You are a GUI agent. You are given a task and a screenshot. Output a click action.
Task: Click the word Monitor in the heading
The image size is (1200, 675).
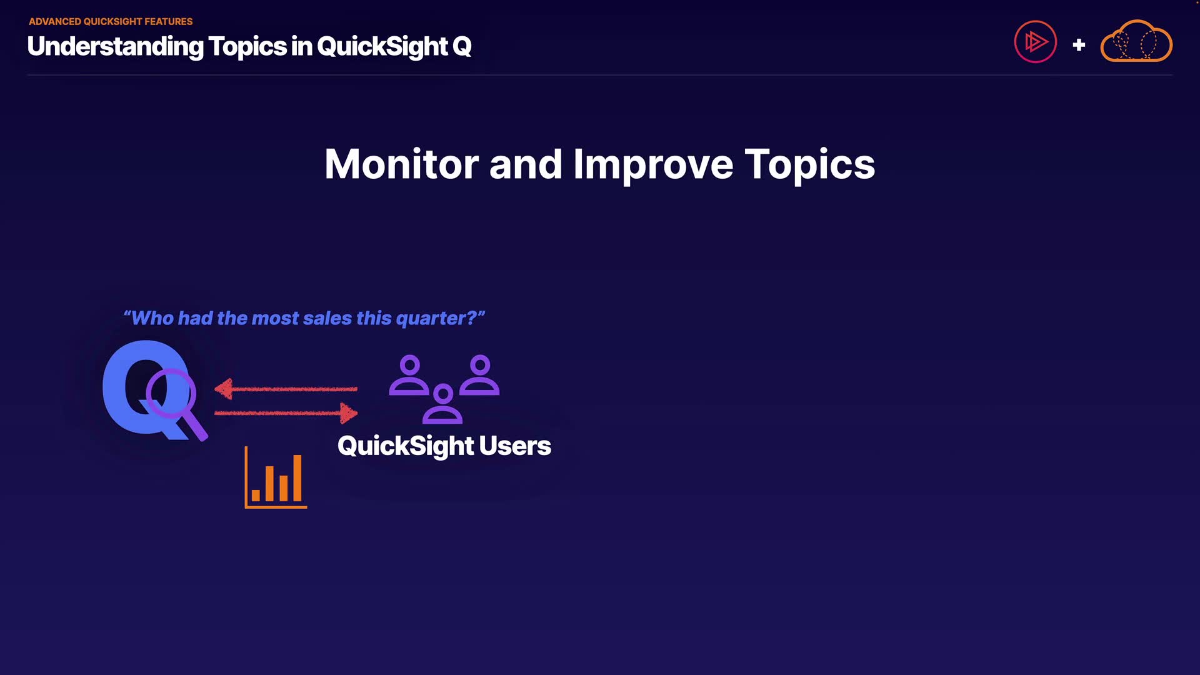tap(402, 164)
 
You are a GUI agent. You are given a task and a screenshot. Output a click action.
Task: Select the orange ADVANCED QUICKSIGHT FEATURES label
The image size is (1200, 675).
tap(111, 21)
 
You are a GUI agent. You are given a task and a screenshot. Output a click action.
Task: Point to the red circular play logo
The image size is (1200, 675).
tap(1035, 42)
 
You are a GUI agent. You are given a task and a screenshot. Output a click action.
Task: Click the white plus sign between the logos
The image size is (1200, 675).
tap(1079, 45)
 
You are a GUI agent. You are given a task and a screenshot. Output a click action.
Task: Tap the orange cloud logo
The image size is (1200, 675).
tap(1136, 41)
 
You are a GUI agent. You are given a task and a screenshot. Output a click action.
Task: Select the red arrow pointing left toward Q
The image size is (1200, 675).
tap(286, 389)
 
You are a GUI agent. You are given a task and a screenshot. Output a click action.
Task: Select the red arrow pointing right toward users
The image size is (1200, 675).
tap(286, 412)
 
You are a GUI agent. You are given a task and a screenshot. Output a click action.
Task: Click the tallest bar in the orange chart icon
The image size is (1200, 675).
tap(297, 478)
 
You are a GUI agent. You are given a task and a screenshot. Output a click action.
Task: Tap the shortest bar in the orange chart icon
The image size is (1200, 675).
tap(256, 496)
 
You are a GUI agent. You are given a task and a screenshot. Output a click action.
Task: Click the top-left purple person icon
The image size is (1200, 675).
tap(409, 375)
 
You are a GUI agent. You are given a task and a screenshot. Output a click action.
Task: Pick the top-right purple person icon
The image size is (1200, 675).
tap(480, 375)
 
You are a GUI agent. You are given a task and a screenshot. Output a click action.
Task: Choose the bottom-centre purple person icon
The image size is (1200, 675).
tap(442, 404)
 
